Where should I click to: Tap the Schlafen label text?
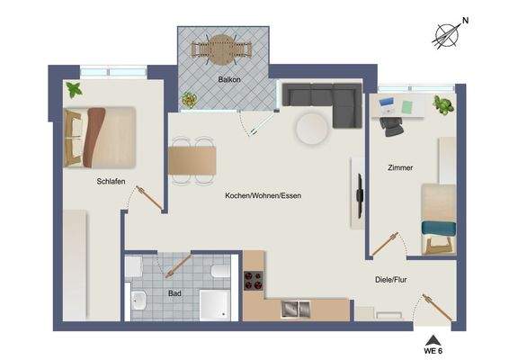tap(111, 181)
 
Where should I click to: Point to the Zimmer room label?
tap(400, 167)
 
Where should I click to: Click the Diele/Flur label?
tap(393, 279)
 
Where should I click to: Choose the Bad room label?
tap(174, 292)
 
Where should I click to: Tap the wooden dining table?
tap(192, 160)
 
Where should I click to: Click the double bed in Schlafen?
tap(100, 137)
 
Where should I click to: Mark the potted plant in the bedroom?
tap(73, 89)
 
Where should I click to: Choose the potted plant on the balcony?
tap(189, 99)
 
